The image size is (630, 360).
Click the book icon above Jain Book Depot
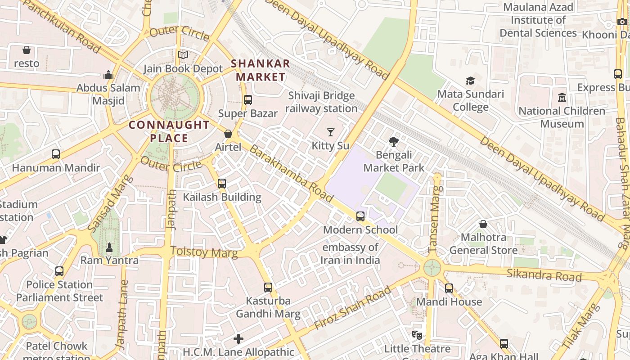(183, 55)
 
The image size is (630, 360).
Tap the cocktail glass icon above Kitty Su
(331, 132)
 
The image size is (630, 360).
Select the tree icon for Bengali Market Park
(394, 142)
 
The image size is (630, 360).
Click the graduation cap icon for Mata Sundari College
(470, 81)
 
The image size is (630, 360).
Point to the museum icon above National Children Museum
(562, 97)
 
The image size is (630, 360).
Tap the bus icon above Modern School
(360, 216)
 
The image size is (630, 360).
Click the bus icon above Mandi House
(449, 288)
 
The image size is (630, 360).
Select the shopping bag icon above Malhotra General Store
(483, 224)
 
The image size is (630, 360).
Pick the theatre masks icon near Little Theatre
(417, 335)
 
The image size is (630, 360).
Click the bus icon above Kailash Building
(221, 184)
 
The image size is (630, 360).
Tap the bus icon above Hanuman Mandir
(56, 154)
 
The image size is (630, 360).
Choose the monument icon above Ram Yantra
(109, 247)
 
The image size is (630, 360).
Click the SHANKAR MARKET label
(261, 70)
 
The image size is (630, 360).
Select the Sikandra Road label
(544, 274)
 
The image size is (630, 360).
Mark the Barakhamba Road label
(291, 174)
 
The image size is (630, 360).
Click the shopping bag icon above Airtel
(228, 134)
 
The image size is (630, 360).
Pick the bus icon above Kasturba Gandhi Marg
(268, 287)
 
